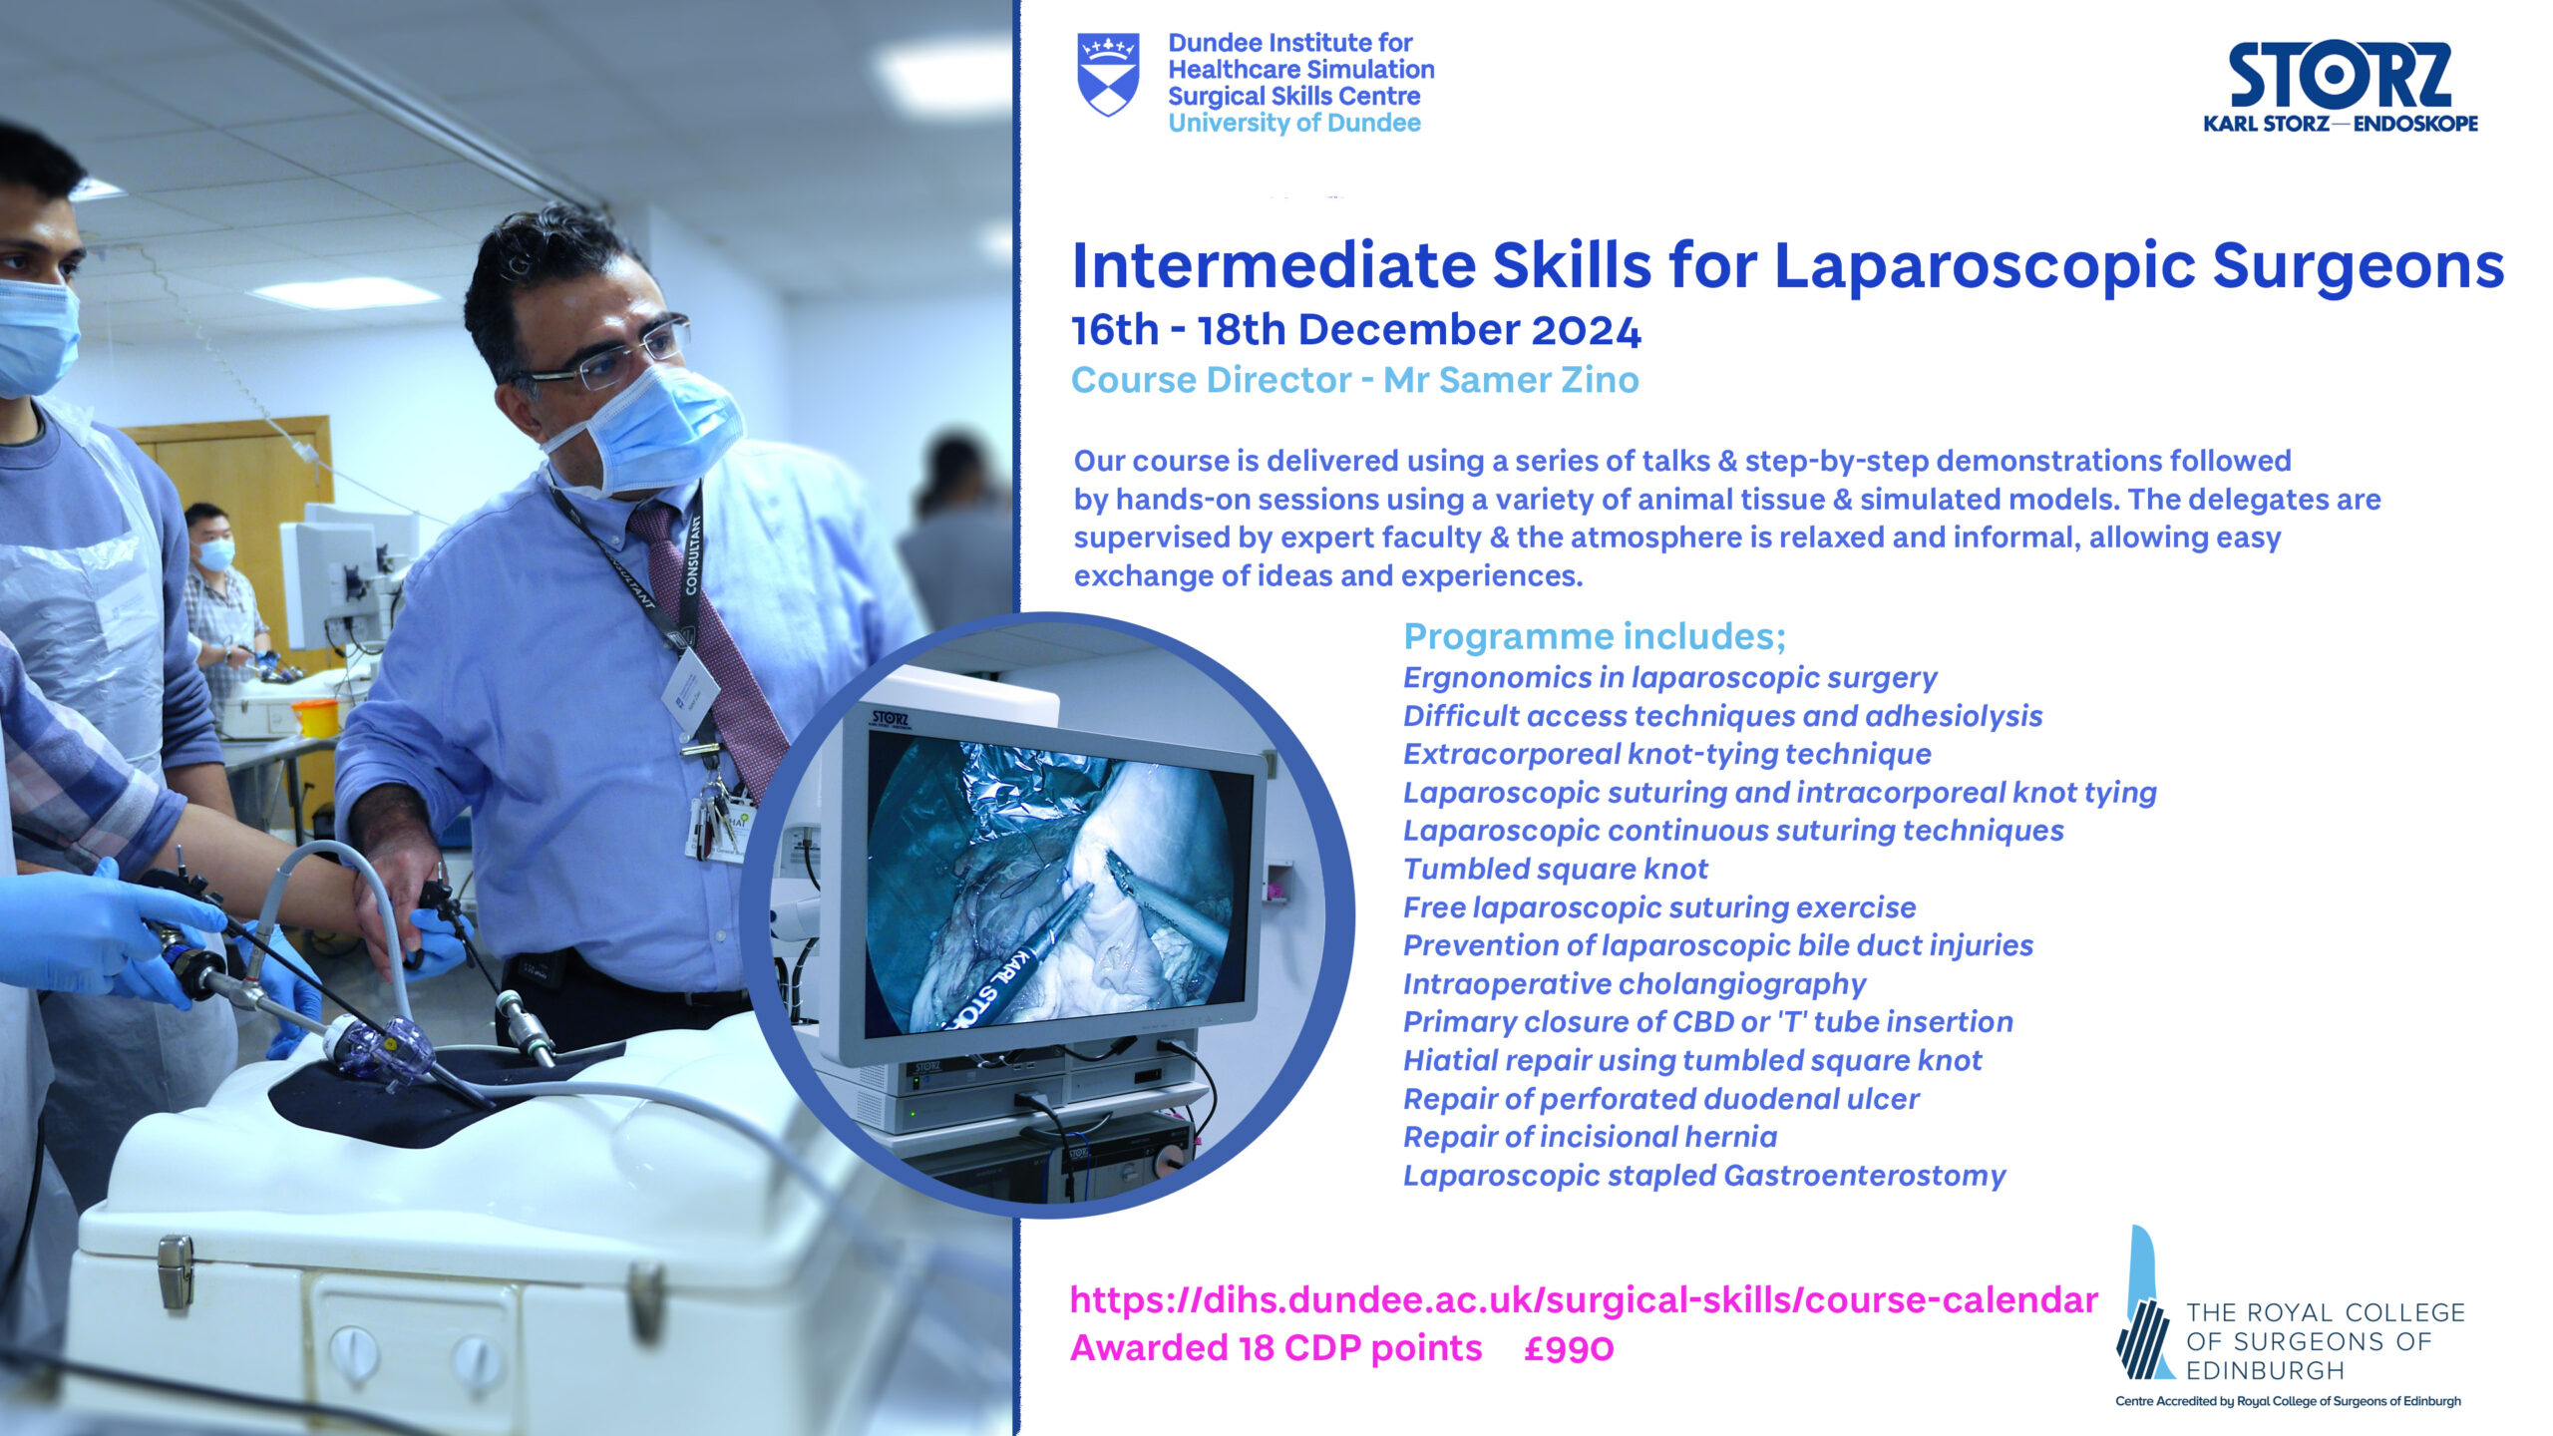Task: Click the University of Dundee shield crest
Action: click(x=1108, y=75)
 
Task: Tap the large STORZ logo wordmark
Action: click(x=2340, y=76)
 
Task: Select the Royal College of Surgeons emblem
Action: click(x=2144, y=1306)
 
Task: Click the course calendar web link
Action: click(x=1583, y=1300)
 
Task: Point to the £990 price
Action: click(x=1568, y=1348)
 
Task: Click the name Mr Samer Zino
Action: click(x=1510, y=380)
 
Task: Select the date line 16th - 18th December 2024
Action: click(x=1355, y=330)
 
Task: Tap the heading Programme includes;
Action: click(x=1594, y=636)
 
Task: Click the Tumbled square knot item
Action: click(x=1555, y=869)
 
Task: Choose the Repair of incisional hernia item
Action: click(x=1590, y=1137)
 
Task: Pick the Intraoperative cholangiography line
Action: click(x=1634, y=984)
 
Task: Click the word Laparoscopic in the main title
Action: click(x=1985, y=266)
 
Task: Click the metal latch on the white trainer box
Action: click(x=176, y=1270)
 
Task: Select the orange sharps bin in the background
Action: click(x=316, y=718)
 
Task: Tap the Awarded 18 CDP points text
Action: click(x=1276, y=1348)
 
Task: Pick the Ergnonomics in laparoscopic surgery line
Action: click(x=1669, y=678)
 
